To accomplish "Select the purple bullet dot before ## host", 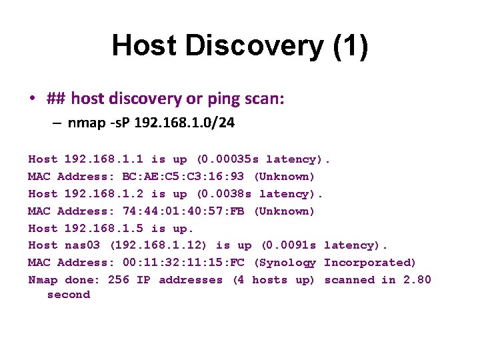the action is (x=31, y=99).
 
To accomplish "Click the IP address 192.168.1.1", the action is (x=104, y=159).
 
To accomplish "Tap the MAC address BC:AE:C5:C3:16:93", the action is (x=183, y=177).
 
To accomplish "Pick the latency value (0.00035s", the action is (x=227, y=159).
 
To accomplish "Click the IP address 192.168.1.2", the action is (x=104, y=194).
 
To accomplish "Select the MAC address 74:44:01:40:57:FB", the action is (x=183, y=211).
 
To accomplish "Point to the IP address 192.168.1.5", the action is (x=104, y=229).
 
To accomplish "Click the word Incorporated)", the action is (x=370, y=263).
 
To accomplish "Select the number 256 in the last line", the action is (x=118, y=280).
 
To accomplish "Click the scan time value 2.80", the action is (x=417, y=280).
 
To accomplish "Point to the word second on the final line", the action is (x=68, y=295).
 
